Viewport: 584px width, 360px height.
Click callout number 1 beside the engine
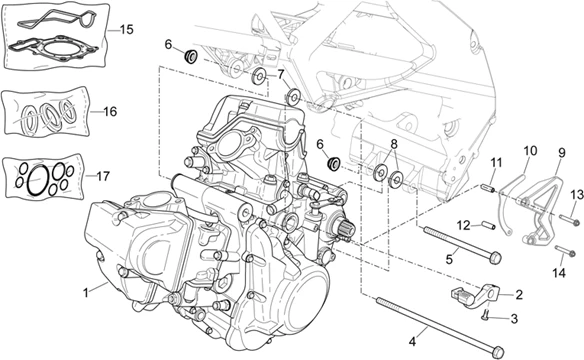(x=86, y=291)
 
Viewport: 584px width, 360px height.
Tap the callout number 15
(x=126, y=30)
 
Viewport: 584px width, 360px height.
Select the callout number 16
(x=110, y=112)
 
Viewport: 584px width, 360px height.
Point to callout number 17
(x=103, y=176)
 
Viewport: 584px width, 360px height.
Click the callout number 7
(x=281, y=74)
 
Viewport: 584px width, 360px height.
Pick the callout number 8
(x=394, y=144)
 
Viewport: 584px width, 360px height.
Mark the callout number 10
(x=530, y=151)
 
